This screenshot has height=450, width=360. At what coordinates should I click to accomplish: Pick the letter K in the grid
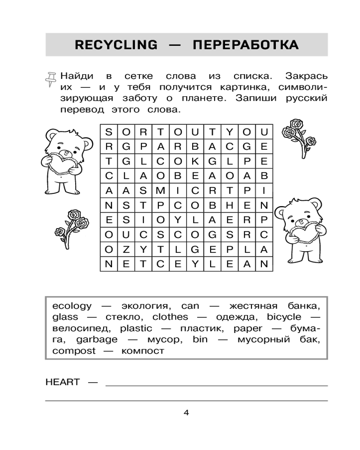tap(195, 161)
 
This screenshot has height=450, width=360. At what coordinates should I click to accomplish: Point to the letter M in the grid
tap(161, 190)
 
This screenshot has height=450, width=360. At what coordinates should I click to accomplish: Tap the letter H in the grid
tap(230, 205)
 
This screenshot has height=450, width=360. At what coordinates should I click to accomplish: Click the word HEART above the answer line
tap(63, 382)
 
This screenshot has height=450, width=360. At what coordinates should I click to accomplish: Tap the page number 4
tap(186, 412)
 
